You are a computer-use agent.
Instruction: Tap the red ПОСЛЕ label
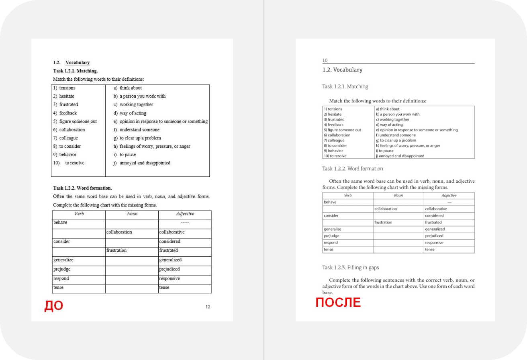click(338, 302)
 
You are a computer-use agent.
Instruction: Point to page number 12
click(208, 307)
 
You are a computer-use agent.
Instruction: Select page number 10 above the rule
click(325, 60)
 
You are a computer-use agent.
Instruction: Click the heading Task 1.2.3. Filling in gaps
click(350, 268)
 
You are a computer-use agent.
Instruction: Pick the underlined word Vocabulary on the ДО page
click(78, 63)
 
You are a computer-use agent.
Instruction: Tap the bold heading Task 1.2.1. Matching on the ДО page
click(76, 71)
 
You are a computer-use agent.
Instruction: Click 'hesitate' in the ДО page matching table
click(67, 96)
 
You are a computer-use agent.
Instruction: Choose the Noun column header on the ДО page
click(132, 214)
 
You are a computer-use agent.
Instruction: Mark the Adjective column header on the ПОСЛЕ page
click(449, 196)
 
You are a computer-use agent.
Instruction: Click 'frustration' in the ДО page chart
click(116, 251)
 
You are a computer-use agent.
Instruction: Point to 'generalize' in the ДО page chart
click(63, 260)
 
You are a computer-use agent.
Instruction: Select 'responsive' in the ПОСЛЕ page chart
click(434, 243)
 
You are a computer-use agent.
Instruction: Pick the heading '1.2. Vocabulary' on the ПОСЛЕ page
click(342, 70)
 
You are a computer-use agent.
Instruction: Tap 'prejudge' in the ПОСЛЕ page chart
click(331, 236)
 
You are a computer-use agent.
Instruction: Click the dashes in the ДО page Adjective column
click(185, 223)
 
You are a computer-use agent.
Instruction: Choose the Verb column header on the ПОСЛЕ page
click(348, 196)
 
